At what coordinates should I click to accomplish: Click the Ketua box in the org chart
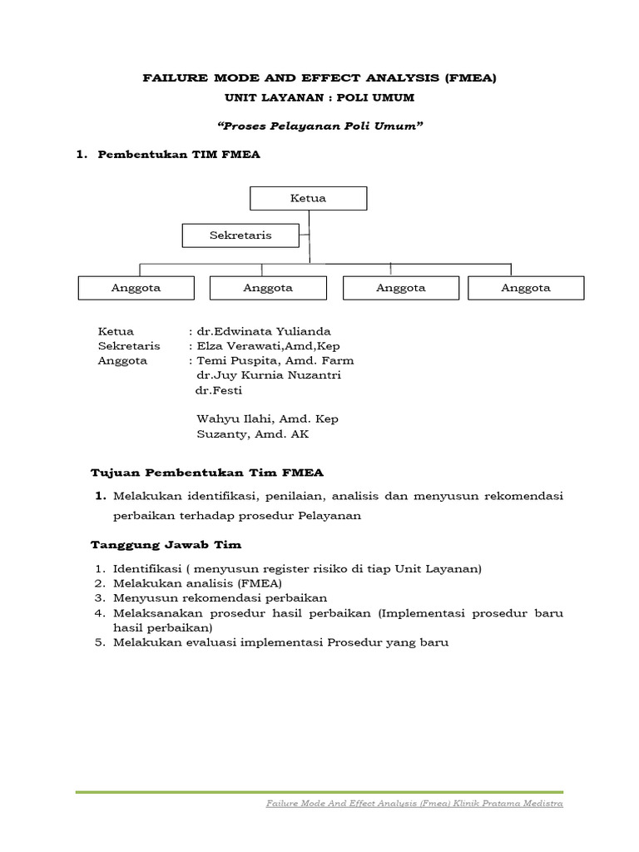(x=308, y=198)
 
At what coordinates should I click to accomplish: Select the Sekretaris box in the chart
(x=240, y=235)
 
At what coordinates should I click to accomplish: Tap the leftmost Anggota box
(x=136, y=288)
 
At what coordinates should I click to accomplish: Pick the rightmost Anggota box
(x=526, y=288)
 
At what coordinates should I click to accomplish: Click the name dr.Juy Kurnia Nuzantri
(x=268, y=375)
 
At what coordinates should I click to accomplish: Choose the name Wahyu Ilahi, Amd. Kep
(x=267, y=419)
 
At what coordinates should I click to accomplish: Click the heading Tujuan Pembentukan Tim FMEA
(x=207, y=473)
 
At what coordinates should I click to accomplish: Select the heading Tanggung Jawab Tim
(x=166, y=545)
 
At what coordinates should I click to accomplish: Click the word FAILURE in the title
(x=170, y=79)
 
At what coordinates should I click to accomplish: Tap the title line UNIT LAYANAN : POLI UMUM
(x=319, y=99)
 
